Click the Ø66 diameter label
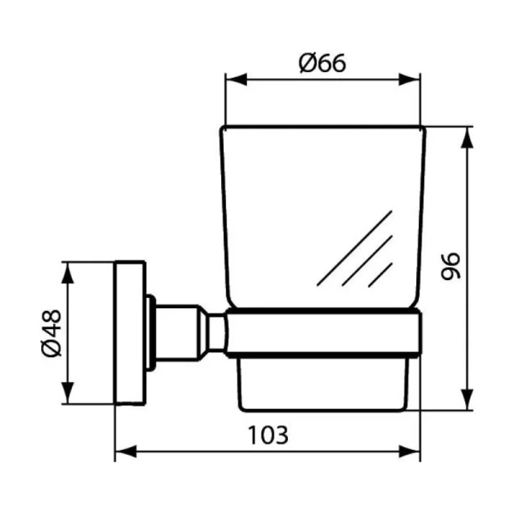(x=322, y=63)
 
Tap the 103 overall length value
(x=268, y=433)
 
